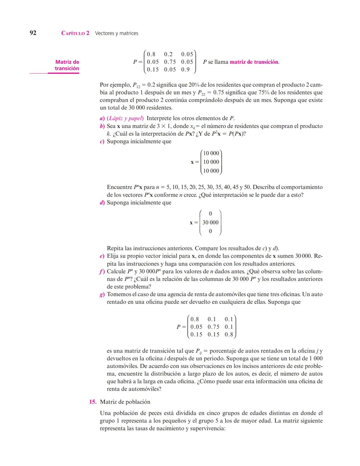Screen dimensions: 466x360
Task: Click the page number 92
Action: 33,33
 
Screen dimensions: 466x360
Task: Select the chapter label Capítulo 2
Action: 75,33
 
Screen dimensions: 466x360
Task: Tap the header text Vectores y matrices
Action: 116,33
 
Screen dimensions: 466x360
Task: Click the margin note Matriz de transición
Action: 67,65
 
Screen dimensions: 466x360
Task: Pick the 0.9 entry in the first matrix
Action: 185,69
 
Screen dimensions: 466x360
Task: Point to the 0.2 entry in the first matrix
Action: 168,54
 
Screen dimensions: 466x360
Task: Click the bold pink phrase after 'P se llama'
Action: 254,62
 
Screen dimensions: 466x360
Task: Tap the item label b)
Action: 102,126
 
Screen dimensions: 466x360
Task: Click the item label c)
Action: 102,141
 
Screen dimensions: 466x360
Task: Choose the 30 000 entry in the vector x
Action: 210,222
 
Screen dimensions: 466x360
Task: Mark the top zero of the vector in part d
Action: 210,213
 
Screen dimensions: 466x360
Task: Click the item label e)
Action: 102,256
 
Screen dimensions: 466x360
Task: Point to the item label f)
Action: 102,272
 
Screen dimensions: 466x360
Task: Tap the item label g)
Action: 102,295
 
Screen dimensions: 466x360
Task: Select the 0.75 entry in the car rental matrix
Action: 213,327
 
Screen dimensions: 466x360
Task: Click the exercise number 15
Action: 93,402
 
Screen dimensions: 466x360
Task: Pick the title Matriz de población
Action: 125,402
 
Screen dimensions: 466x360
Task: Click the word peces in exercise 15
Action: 156,413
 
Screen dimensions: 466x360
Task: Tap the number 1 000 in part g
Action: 314,359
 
